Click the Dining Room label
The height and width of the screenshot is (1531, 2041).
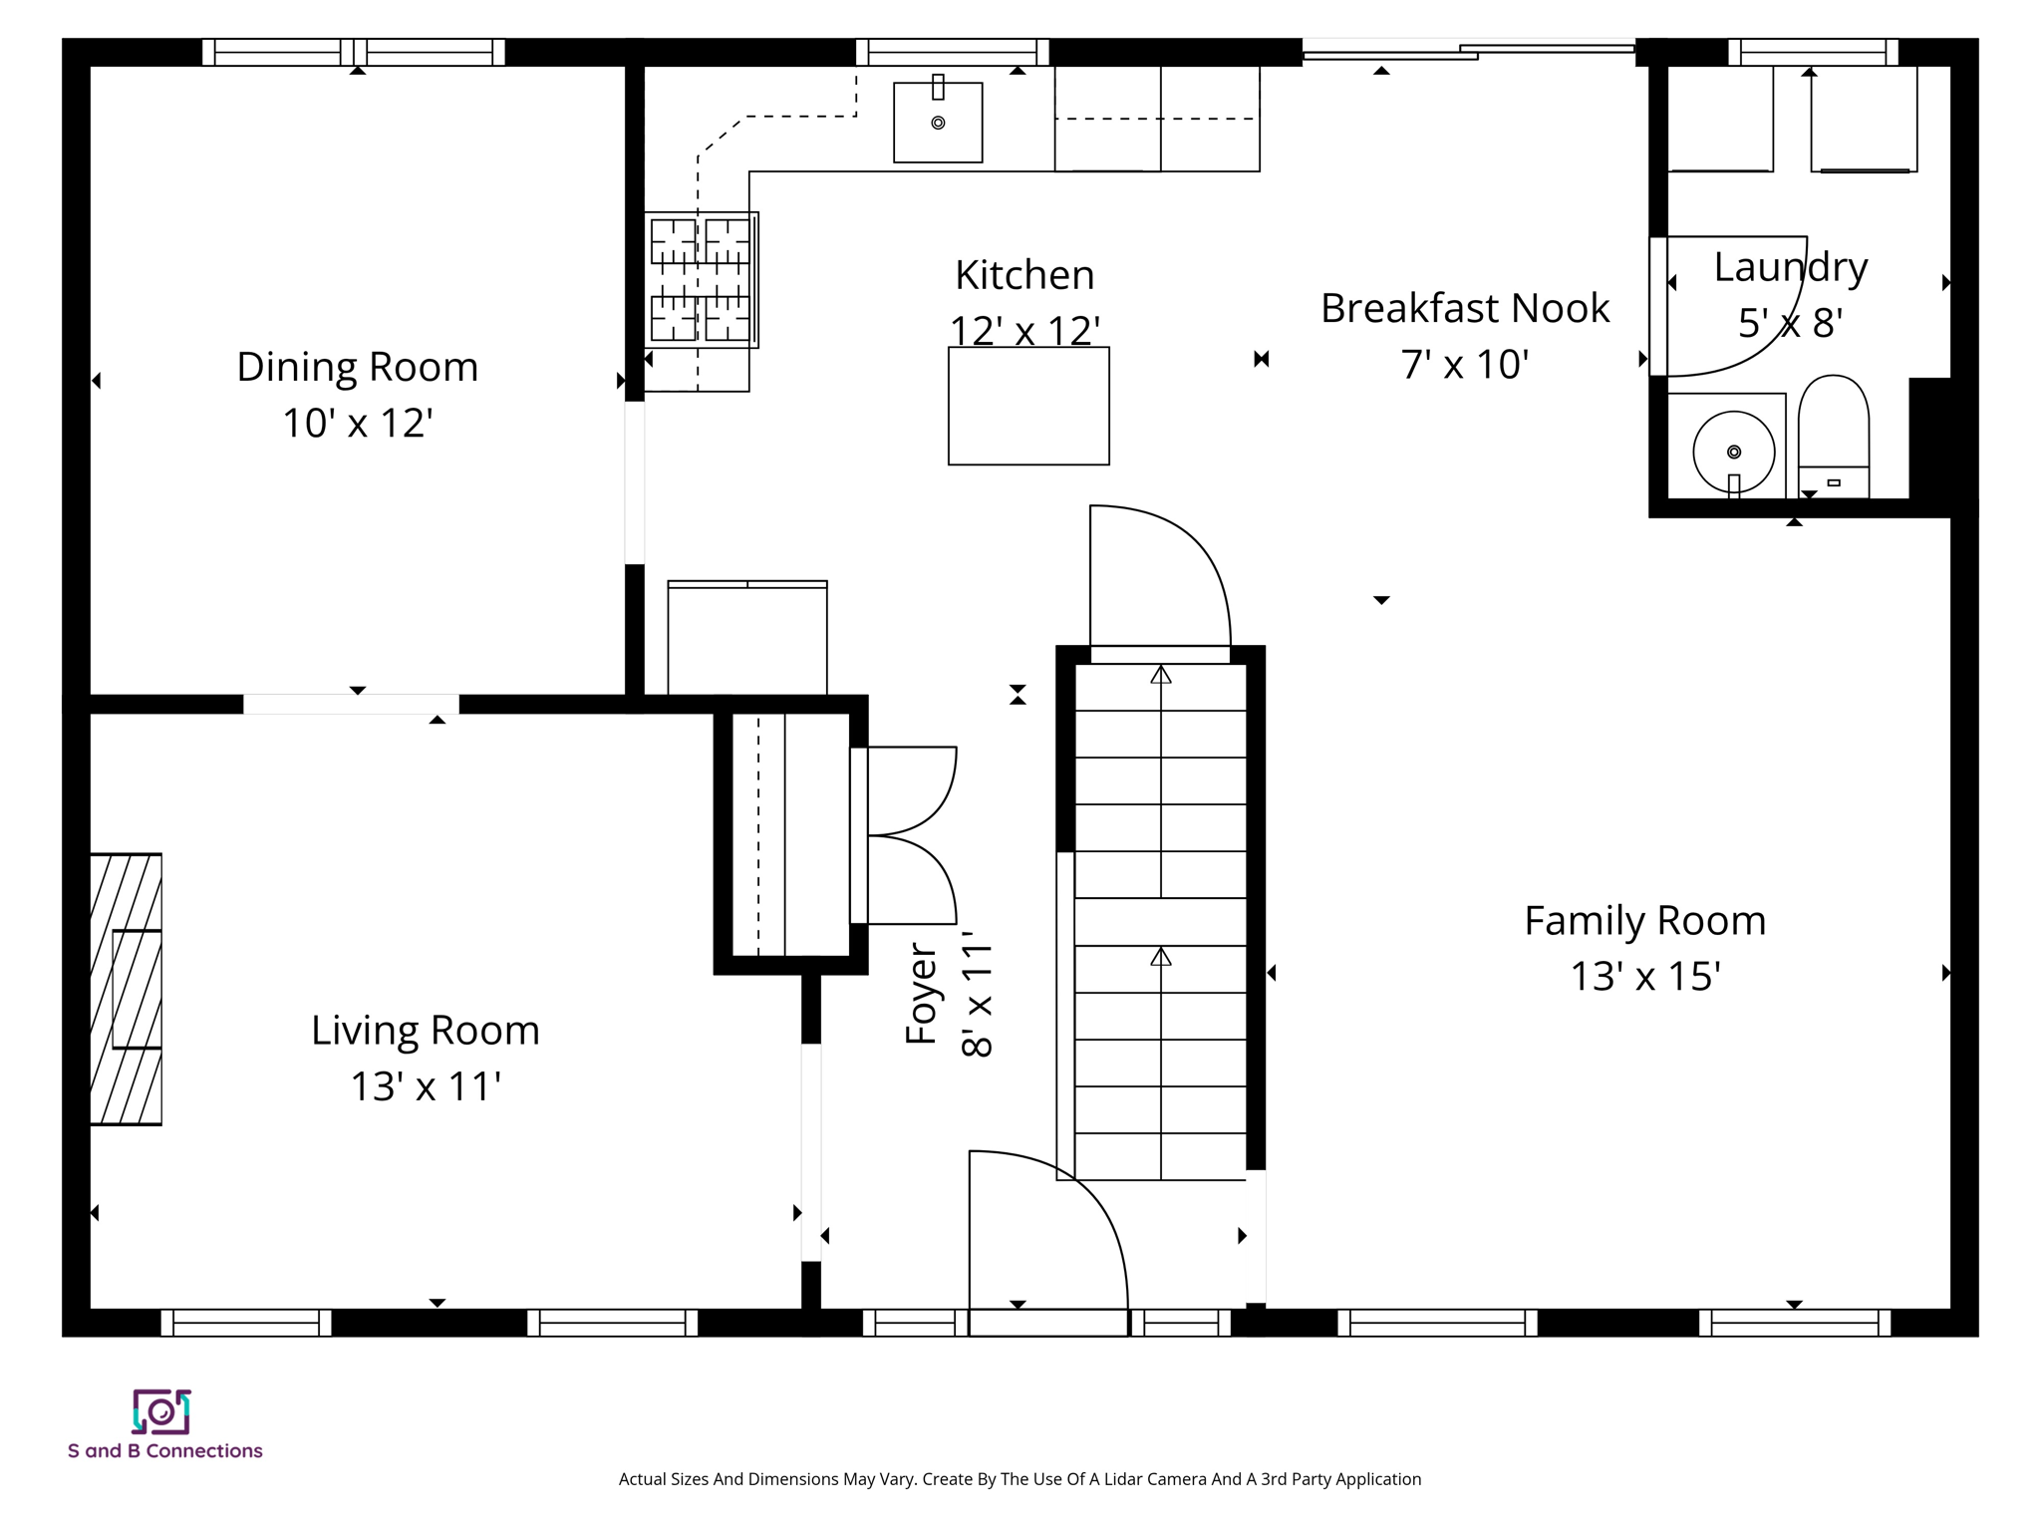[x=357, y=367]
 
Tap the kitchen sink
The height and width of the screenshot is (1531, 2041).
[x=937, y=122]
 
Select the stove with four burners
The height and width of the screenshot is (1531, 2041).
[x=701, y=279]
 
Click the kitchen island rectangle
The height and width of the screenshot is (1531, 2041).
[x=1027, y=406]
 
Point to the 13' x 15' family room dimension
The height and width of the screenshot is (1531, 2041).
[x=1645, y=976]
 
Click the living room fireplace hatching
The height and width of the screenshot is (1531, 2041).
[x=126, y=989]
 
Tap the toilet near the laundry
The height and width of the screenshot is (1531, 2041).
[x=1833, y=437]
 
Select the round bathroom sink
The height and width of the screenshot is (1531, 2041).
[x=1733, y=452]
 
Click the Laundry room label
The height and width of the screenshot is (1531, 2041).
[x=1790, y=267]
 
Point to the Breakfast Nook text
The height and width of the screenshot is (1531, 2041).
[x=1464, y=308]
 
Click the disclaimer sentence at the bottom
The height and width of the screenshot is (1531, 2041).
[x=1020, y=1479]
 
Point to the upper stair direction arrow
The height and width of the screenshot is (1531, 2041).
[x=1160, y=675]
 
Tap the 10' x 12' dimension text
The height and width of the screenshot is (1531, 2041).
[x=357, y=423]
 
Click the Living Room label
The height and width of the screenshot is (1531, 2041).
[x=425, y=1030]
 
